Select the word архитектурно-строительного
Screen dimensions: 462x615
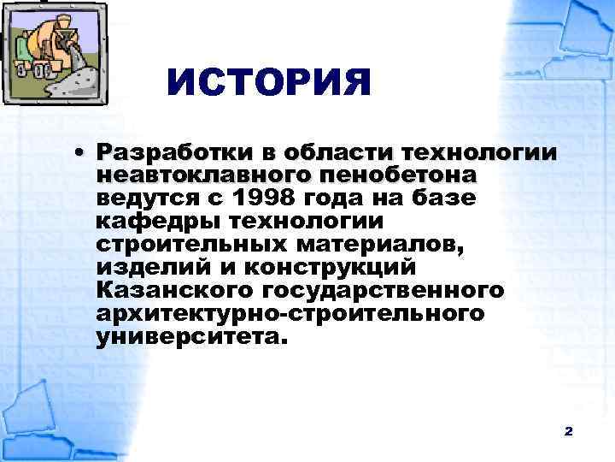coord(290,315)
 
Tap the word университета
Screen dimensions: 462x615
coord(188,338)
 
